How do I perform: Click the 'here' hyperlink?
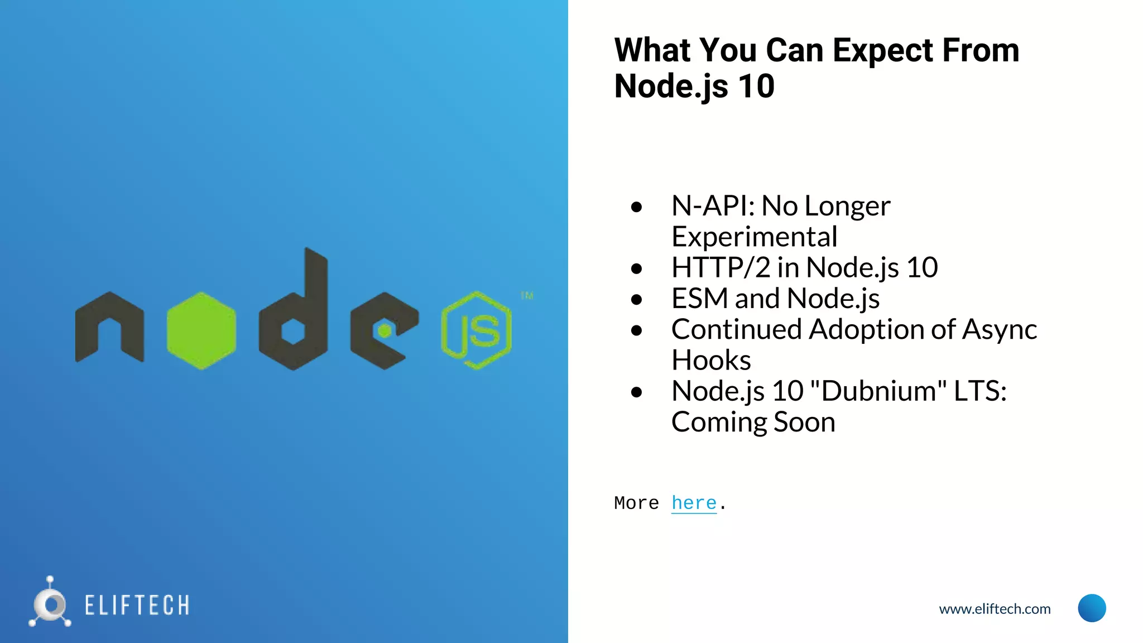(x=694, y=503)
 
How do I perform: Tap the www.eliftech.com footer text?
(x=995, y=609)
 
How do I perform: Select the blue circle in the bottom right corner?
(x=1092, y=608)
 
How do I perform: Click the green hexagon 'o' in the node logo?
(x=201, y=330)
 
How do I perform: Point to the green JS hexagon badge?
(x=476, y=330)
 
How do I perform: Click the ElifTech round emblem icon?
(x=50, y=604)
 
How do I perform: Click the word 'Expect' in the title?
(x=882, y=50)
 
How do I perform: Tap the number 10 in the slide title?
(x=756, y=87)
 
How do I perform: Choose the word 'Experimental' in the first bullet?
(x=754, y=237)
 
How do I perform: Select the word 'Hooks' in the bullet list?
(x=711, y=360)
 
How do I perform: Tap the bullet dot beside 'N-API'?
(x=636, y=207)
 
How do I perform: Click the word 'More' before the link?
(x=636, y=503)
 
